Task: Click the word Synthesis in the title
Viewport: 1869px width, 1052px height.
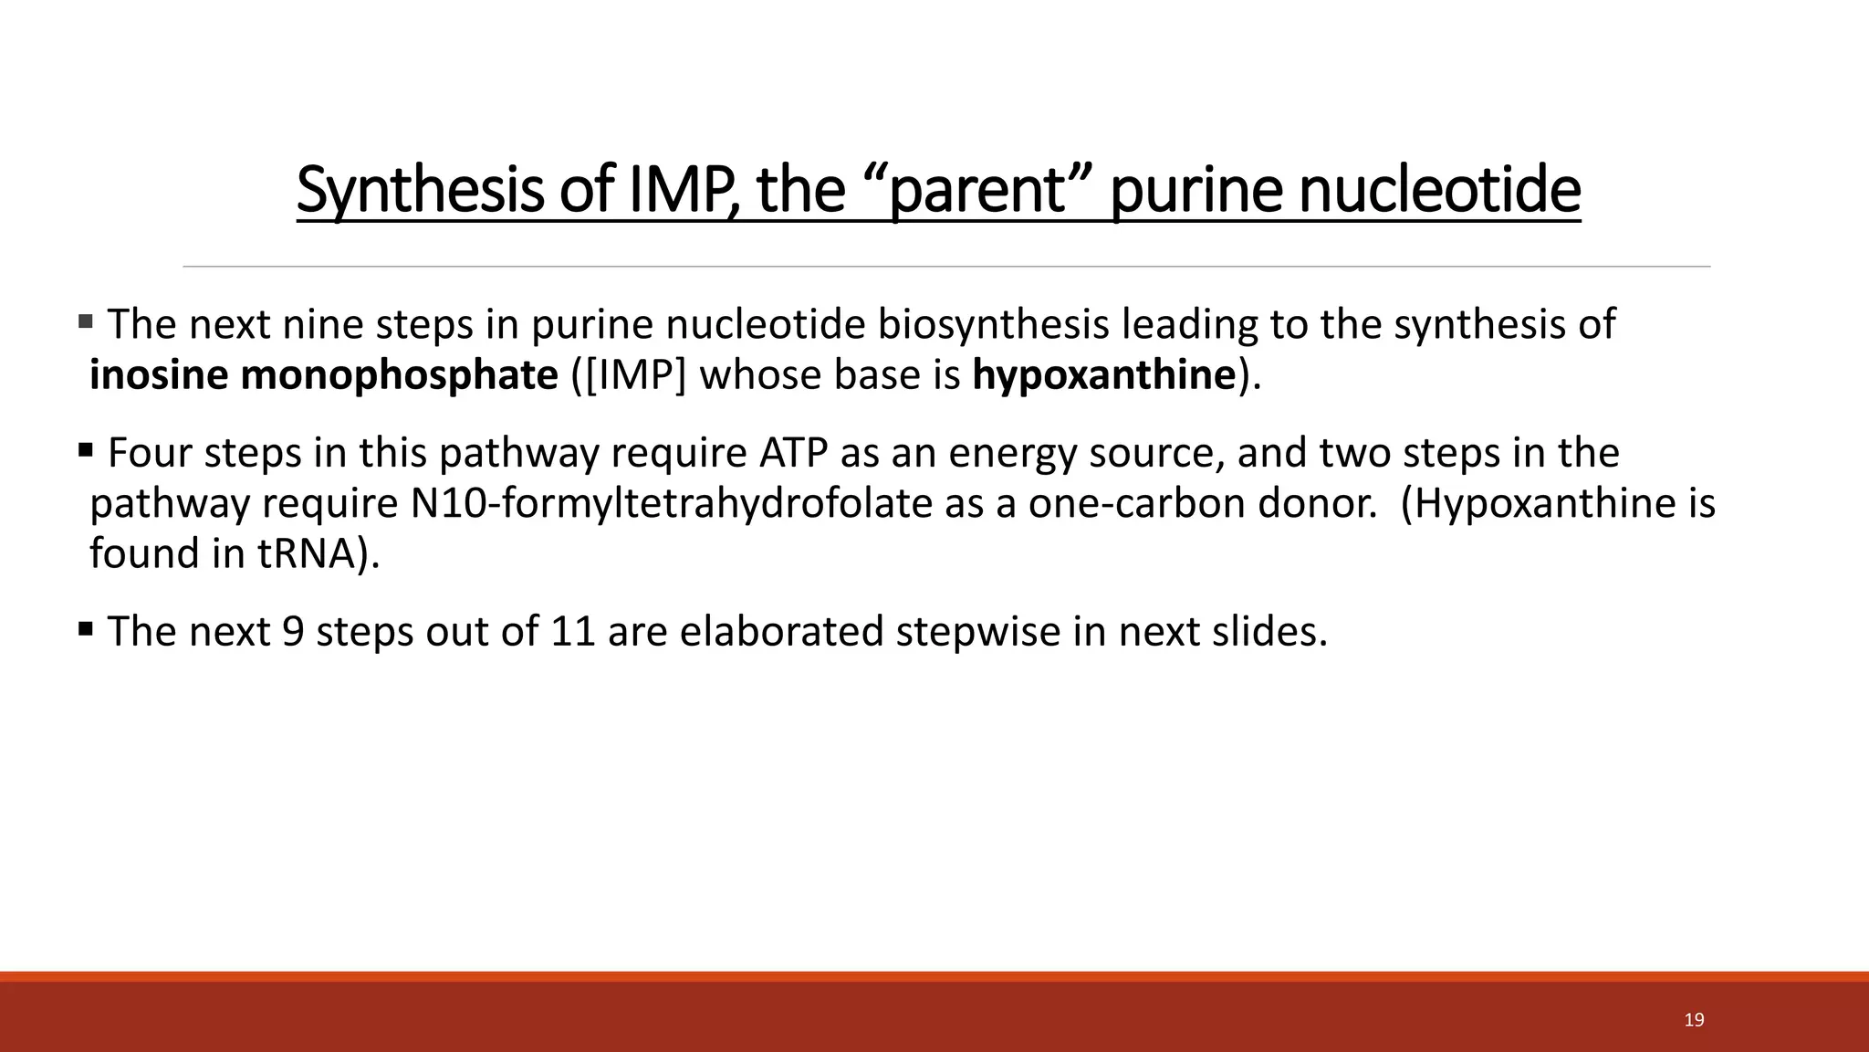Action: pos(420,190)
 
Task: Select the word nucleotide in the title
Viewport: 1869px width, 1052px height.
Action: pos(1439,190)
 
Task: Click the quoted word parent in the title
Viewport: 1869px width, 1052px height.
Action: pos(976,190)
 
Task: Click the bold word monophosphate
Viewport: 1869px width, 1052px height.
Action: pos(399,375)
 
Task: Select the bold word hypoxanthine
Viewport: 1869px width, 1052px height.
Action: pos(1104,375)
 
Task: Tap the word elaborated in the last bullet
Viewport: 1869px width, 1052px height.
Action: pos(781,631)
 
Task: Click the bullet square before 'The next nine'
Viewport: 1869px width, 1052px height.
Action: pos(86,321)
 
